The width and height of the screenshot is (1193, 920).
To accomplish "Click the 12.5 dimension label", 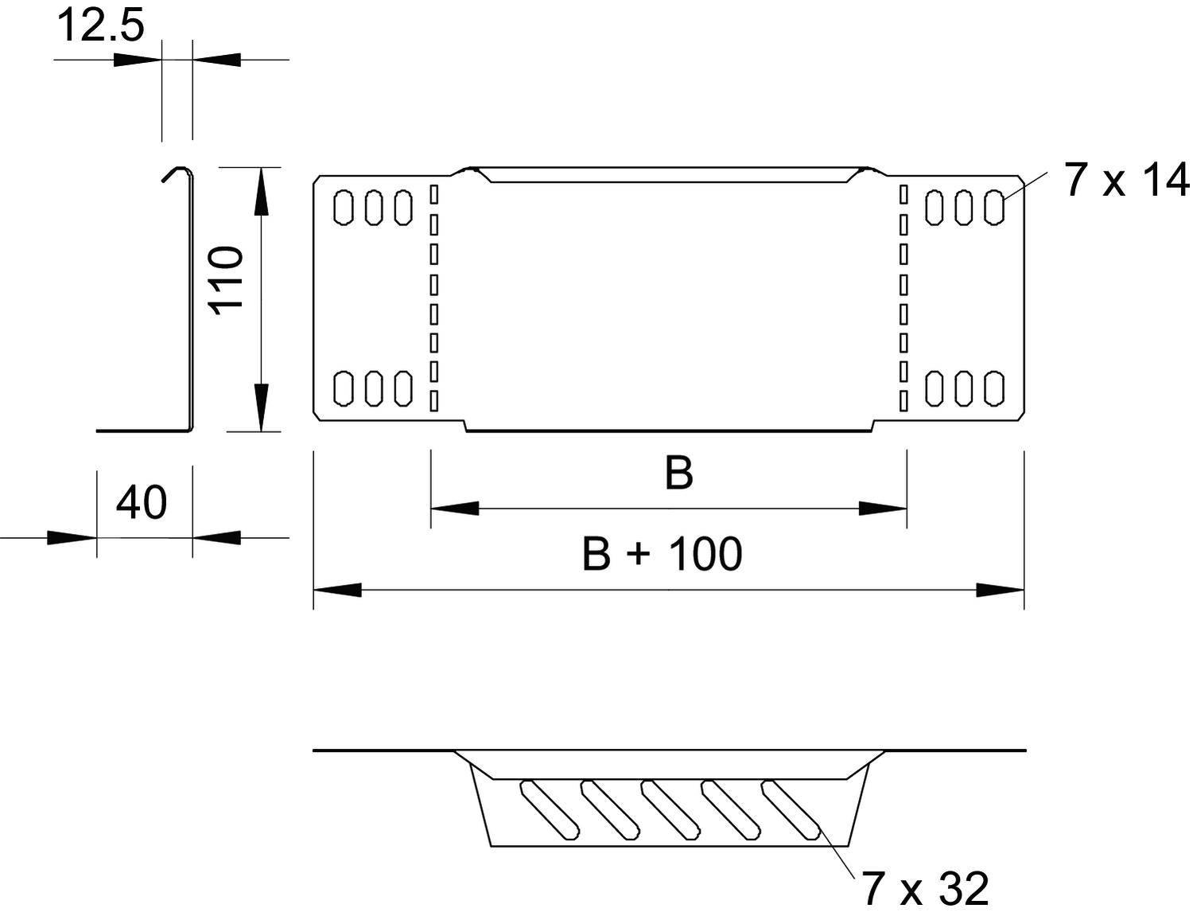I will point(100,25).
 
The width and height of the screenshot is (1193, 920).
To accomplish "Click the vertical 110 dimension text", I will point(226,279).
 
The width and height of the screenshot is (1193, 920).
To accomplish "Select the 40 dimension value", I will point(142,503).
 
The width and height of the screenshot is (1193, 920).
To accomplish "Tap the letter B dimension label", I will point(678,473).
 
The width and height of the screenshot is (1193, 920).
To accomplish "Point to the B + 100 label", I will point(662,554).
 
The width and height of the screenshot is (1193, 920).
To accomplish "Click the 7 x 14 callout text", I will point(1126,180).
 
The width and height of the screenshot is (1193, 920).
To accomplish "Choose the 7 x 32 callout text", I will point(925,888).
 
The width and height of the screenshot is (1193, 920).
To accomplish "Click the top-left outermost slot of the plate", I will point(344,207).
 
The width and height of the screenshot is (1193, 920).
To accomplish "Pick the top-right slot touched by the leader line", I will point(994,207).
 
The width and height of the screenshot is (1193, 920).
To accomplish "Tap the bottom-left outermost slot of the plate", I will point(344,388).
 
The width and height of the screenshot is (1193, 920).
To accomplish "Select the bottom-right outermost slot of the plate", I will point(994,388).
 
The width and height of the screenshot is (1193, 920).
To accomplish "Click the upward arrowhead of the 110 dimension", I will point(260,191).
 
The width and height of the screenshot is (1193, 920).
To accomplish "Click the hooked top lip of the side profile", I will point(177,172).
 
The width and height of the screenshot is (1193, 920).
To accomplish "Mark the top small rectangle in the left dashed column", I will point(434,193).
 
